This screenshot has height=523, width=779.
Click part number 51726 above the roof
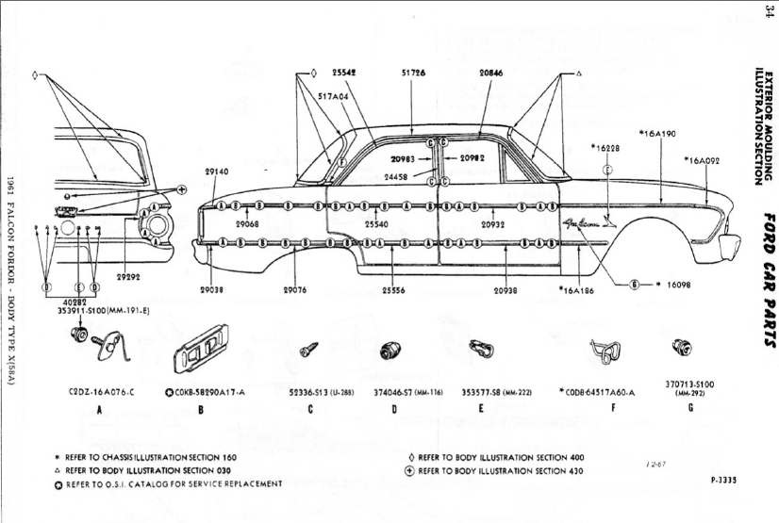click(413, 72)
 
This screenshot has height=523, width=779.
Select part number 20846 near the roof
click(490, 72)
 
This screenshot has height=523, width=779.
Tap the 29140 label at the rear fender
click(216, 172)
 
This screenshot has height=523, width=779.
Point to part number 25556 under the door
click(394, 290)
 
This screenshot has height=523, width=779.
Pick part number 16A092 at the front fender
click(702, 161)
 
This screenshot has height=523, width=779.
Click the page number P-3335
click(723, 480)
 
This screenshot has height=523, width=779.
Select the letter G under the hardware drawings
click(690, 409)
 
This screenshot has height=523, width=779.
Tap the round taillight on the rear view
click(157, 225)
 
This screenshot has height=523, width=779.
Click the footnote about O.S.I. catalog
click(169, 483)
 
